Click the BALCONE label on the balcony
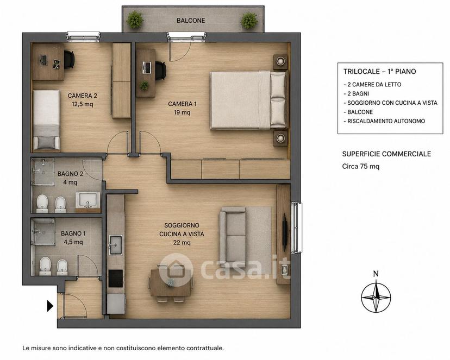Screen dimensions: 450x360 coord(191,21)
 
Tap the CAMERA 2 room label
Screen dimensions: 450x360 coord(83,96)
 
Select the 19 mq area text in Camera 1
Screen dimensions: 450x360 coord(182,112)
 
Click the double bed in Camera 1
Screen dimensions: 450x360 coord(248,100)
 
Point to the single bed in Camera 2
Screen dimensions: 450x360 coord(47,120)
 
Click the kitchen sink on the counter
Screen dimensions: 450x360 coord(115,245)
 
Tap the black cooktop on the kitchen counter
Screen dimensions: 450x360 coord(116,279)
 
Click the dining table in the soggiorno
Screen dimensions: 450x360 coord(171,283)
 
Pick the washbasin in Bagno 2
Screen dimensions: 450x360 coord(88,200)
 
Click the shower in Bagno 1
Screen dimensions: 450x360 coord(43,232)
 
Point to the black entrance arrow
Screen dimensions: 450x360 coord(50,306)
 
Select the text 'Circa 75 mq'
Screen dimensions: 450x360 coord(360,166)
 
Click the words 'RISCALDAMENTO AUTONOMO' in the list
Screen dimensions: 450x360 coord(386,121)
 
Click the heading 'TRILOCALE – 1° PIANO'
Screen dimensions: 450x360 coord(380,71)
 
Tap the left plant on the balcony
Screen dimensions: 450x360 coord(135,20)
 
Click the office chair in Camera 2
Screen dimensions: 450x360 coord(69,60)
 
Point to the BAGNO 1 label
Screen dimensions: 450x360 coord(73,233)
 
